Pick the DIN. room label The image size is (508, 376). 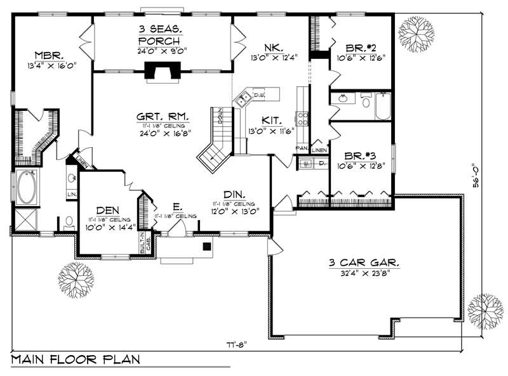pos(235,194)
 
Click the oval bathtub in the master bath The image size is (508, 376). pos(26,187)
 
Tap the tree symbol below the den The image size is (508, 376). pos(76,278)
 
